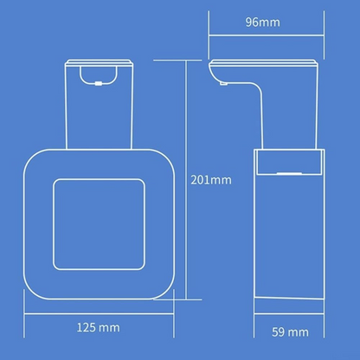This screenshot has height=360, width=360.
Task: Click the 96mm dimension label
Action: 263,22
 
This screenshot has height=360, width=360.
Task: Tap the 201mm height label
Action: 211,180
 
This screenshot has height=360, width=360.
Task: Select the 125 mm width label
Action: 98,327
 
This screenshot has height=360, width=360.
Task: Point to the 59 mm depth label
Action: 290,332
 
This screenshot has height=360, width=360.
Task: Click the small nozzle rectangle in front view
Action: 99,84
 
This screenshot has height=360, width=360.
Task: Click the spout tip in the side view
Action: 223,84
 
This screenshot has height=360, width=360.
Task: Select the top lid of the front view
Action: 99,62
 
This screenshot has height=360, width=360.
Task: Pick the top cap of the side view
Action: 263,61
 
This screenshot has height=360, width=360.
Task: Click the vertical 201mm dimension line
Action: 186,180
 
